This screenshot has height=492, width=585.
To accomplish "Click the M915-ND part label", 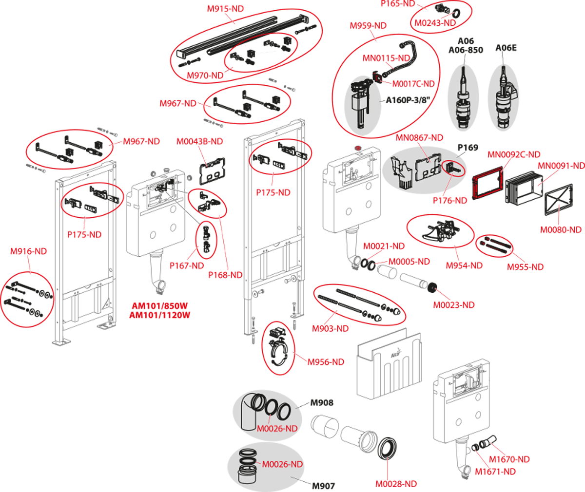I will point(225,9).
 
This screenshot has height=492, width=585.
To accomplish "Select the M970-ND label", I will point(205,76).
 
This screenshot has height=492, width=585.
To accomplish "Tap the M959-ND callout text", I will point(368,26).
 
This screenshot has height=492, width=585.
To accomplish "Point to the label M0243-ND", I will point(435,23).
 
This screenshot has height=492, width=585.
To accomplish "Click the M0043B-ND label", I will point(199,141).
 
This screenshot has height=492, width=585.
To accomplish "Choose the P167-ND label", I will point(187,265).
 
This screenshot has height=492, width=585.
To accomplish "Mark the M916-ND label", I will point(28,251).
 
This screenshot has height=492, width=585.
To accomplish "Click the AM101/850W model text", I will point(159,306).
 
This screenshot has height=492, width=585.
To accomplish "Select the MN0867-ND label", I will point(419,138).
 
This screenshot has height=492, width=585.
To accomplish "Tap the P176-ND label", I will point(449,200).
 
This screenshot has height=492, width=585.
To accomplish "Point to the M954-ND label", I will point(464,265).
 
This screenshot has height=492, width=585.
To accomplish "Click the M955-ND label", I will point(525,267).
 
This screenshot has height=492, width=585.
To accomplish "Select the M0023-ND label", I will point(453,305).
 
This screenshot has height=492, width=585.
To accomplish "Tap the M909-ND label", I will point(330,329).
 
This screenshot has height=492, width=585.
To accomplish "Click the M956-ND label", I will point(325,362).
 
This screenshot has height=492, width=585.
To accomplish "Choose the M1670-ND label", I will point(509,459).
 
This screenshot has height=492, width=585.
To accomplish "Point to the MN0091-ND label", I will point(561,166).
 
